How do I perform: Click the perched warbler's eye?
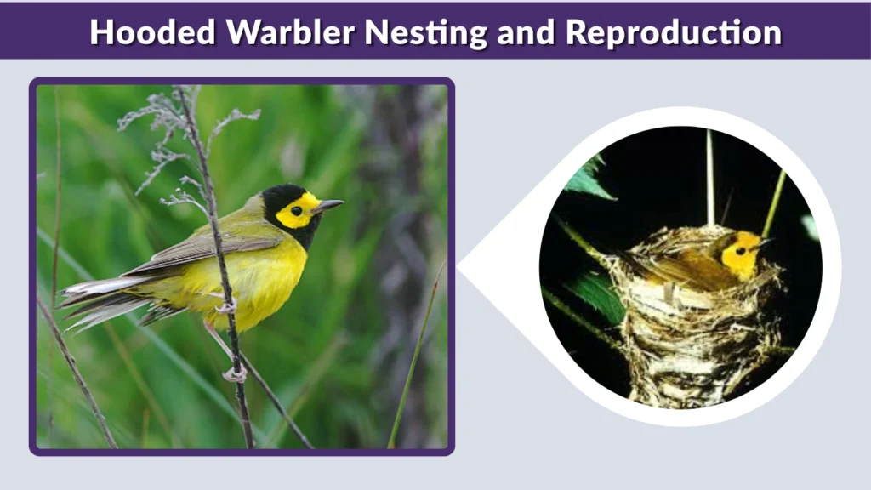(296, 209)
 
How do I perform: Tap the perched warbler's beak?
(328, 206)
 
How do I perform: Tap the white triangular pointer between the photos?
(493, 269)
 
